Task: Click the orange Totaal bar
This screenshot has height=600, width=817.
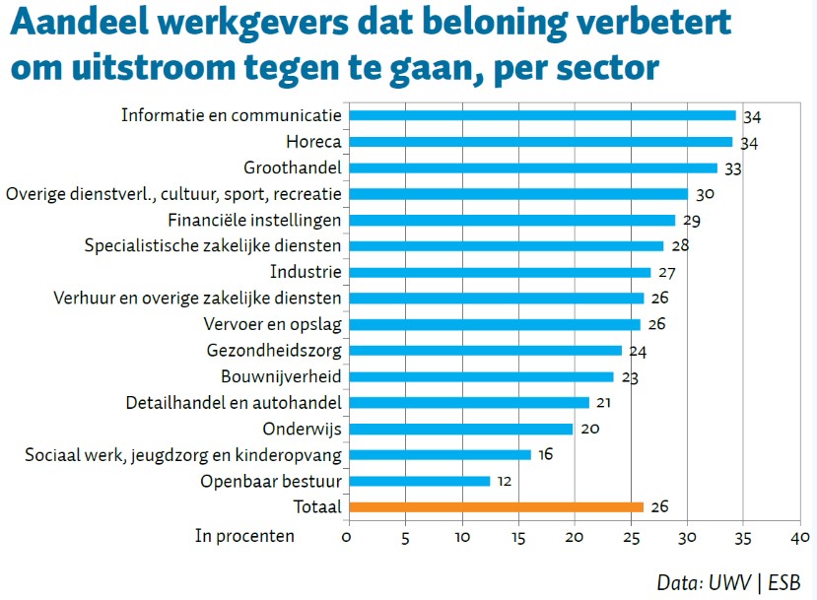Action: pos(497,506)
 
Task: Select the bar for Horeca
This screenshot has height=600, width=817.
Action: pos(541,142)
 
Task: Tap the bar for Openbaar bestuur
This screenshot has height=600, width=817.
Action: pos(420,481)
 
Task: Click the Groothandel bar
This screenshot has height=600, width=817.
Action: pos(534,167)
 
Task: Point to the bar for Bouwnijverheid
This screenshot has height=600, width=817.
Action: pos(482,376)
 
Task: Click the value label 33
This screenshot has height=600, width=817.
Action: pos(732,169)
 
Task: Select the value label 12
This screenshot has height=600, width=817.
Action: pos(504,483)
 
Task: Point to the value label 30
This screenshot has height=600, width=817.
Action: pos(704,195)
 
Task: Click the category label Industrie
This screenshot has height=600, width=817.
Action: pos(306,272)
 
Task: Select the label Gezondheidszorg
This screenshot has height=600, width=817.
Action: pos(274,350)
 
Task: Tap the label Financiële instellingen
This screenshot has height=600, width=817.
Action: pos(254,220)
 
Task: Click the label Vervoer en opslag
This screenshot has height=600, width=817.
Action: pos(273,324)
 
